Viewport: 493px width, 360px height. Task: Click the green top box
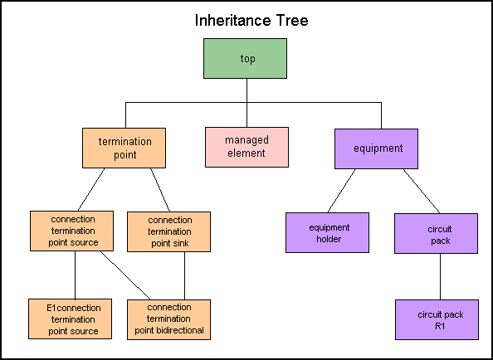pyautogui.click(x=245, y=58)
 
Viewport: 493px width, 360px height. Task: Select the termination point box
pyautogui.click(x=124, y=148)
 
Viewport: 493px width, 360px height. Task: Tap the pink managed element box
pyautogui.click(x=247, y=147)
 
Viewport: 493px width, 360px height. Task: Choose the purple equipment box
pyautogui.click(x=376, y=149)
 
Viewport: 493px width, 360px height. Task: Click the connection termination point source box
pyautogui.click(x=71, y=231)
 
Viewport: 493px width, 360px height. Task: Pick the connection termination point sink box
pyautogui.click(x=168, y=231)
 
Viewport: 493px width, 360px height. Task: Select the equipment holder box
pyautogui.click(x=327, y=233)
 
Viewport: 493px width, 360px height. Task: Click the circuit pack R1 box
pyautogui.click(x=437, y=320)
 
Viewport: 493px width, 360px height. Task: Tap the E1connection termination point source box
pyautogui.click(x=70, y=319)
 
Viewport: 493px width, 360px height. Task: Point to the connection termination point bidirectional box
pyautogui.click(x=168, y=320)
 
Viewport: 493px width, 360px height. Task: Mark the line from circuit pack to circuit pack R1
pyautogui.click(x=440, y=276)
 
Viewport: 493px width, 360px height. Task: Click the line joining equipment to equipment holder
pyautogui.click(x=341, y=191)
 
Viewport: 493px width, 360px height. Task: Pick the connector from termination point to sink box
pyautogui.click(x=160, y=190)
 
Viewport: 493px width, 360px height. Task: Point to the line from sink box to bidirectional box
pyautogui.click(x=184, y=276)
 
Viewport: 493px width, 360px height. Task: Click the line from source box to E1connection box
pyautogui.click(x=76, y=275)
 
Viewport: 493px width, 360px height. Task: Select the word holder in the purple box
pyautogui.click(x=329, y=239)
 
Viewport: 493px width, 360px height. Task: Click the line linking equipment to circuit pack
pyautogui.click(x=422, y=192)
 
